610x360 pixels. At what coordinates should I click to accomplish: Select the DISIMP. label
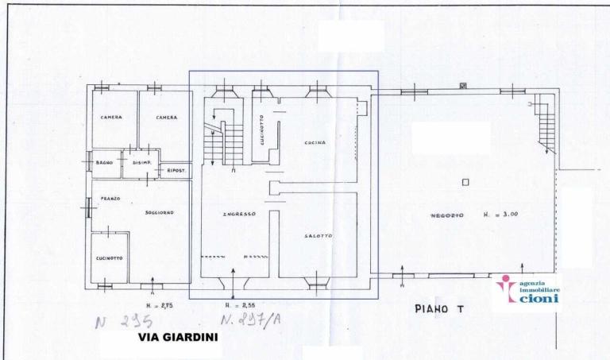(x=141, y=164)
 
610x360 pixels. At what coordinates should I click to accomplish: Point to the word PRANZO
(x=110, y=199)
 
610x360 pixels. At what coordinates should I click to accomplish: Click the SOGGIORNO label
(x=159, y=212)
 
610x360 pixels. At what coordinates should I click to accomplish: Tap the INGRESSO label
(x=237, y=215)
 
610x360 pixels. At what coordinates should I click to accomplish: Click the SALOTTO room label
(x=317, y=237)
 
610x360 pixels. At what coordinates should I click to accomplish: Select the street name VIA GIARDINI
(x=178, y=337)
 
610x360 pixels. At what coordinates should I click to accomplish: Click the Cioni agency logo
(x=527, y=292)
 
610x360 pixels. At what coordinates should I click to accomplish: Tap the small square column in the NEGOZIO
(x=465, y=183)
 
